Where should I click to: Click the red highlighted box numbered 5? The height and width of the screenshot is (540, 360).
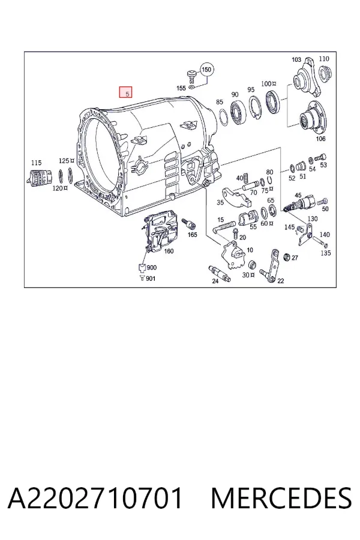point(126,92)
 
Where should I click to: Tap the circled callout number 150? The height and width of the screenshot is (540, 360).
point(206,70)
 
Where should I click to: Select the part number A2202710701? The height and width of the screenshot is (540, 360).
point(95,498)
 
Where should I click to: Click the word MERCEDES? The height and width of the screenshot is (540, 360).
point(281,498)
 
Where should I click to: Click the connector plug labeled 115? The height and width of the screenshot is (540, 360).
point(39,178)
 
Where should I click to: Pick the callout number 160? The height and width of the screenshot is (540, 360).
point(169,251)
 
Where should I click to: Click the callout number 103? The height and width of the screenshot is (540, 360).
point(296,59)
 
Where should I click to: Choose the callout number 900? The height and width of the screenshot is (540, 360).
point(152,268)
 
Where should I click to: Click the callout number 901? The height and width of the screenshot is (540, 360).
point(151,278)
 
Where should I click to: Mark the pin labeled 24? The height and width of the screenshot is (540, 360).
point(220,273)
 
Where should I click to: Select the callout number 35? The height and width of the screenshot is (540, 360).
point(220,202)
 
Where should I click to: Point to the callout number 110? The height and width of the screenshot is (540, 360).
point(324,59)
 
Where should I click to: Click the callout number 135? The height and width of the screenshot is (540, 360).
point(326,253)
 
